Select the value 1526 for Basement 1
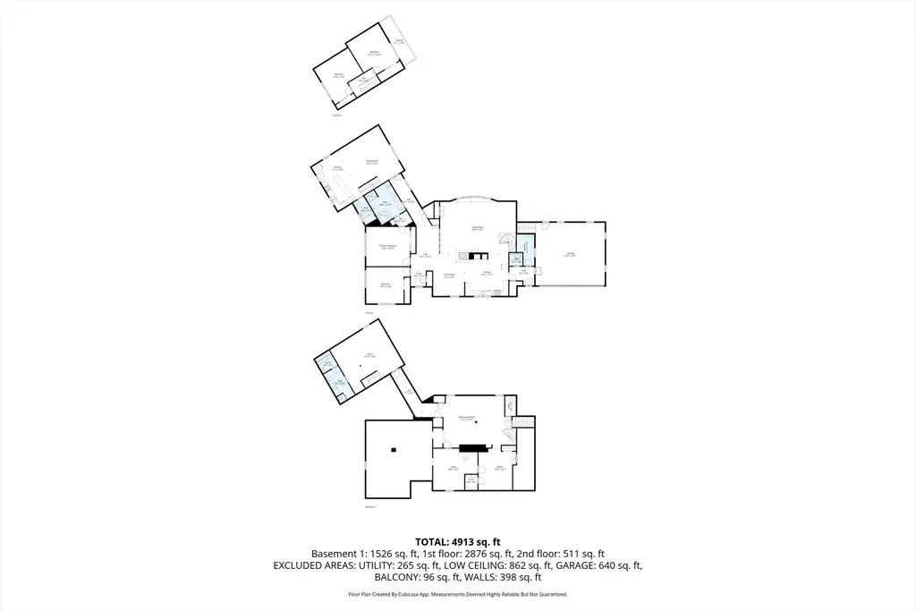[385, 554]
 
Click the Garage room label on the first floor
[570, 255]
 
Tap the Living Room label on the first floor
[478, 228]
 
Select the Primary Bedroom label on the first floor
[388, 247]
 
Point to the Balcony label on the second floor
[399, 41]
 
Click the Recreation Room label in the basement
[466, 418]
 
